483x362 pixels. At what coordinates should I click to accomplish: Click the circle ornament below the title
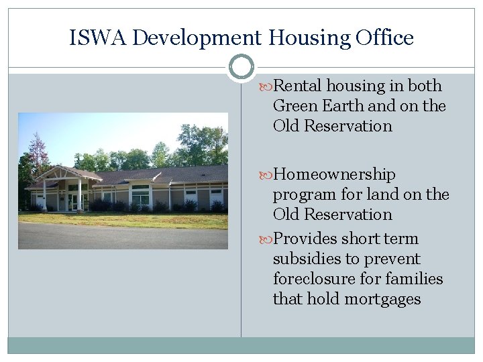point(241,68)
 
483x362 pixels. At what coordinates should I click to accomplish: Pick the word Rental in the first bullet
point(299,86)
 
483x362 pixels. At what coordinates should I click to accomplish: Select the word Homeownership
point(335,174)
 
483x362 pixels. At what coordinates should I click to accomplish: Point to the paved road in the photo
point(121,236)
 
